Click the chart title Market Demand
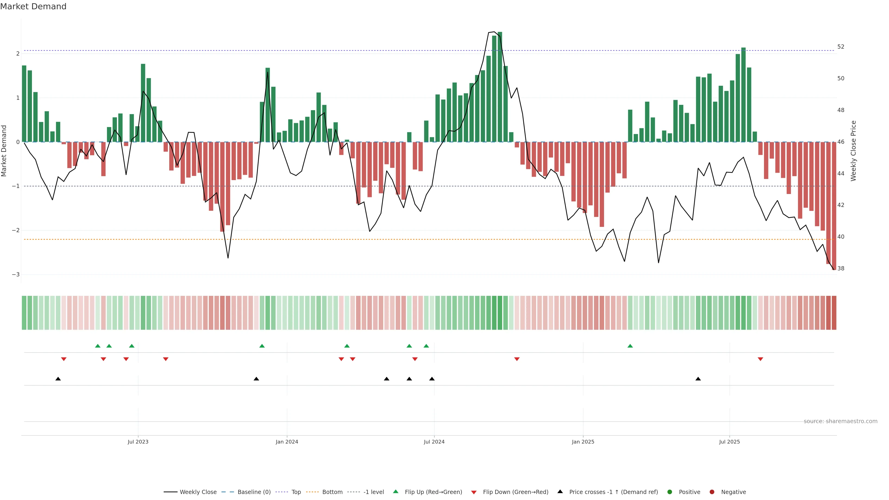tap(33, 6)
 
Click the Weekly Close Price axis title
tap(853, 151)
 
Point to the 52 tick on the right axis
tap(841, 47)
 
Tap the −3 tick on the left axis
tap(16, 275)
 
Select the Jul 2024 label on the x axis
tap(434, 442)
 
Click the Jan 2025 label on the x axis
tap(583, 442)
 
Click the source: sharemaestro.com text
tap(840, 421)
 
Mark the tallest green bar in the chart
tap(500, 86)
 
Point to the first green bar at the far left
tap(24, 103)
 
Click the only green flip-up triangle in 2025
tap(630, 346)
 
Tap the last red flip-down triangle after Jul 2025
tap(760, 359)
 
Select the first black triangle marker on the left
tap(58, 379)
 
